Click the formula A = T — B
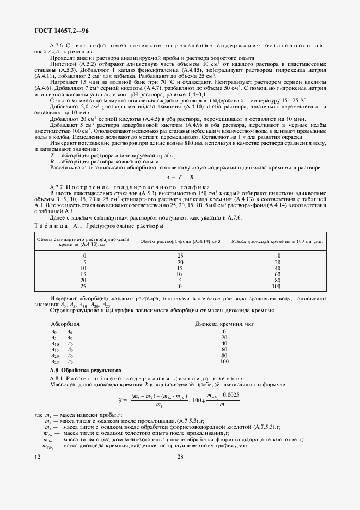tap(180, 177)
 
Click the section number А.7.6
tap(58, 46)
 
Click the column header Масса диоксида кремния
tap(278, 241)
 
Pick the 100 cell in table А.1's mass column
tap(276, 286)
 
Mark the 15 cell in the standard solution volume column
tap(83, 274)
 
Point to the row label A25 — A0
tap(62, 362)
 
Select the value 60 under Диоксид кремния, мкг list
tap(224, 350)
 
